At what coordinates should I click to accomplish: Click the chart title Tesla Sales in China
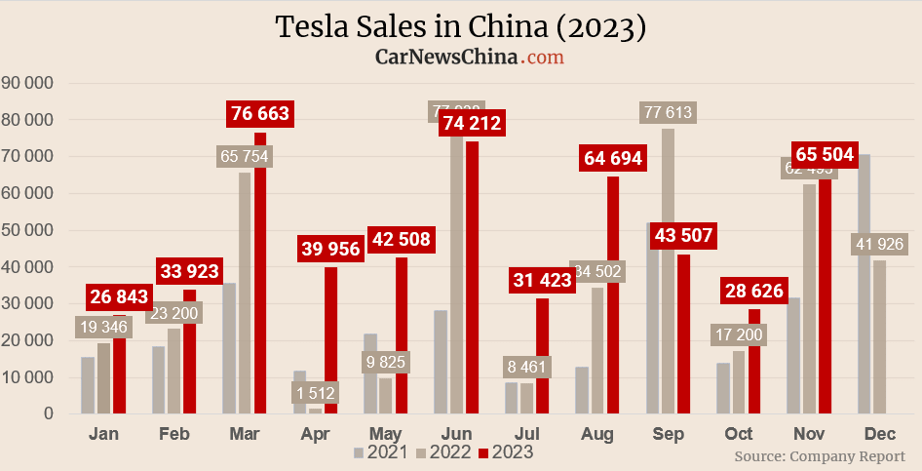coord(461,27)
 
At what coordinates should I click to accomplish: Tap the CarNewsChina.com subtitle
coord(470,58)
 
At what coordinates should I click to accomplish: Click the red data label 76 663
coord(259,114)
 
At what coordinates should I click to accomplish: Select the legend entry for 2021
coord(380,452)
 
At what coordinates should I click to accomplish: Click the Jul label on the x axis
coord(527,433)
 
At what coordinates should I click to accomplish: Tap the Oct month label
coord(738,433)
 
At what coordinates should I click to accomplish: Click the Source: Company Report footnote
coord(820,455)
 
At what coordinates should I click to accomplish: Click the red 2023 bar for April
coord(331,341)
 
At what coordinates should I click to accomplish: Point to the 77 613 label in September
coord(668,113)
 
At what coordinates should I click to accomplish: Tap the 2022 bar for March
coord(245,293)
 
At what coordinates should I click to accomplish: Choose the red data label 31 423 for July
coord(543,282)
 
